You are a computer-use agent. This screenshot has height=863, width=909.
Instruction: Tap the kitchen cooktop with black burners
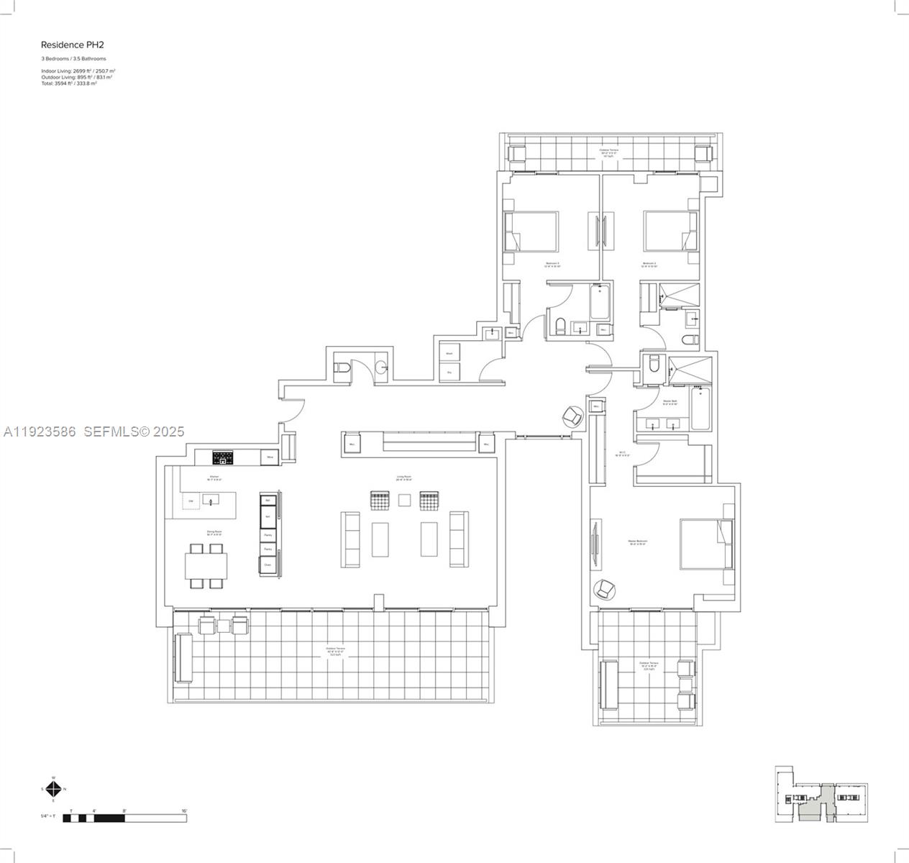pos(222,457)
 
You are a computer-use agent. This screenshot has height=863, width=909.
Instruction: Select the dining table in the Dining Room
pos(206,565)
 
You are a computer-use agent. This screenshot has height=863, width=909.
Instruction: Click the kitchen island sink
pos(210,500)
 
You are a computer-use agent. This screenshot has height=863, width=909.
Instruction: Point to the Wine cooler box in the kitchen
pos(270,457)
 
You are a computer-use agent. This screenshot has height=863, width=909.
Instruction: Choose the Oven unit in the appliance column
pos(268,565)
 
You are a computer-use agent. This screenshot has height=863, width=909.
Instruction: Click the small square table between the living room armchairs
pos(405,500)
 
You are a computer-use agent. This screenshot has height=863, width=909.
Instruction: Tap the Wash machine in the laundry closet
pos(449,353)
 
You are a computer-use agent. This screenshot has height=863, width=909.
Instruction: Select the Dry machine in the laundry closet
pos(449,372)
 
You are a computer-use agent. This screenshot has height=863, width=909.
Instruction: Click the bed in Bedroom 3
pos(532,231)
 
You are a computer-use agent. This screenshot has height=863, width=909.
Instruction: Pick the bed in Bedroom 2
pos(670,231)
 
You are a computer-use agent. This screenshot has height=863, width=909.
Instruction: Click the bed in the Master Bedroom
pos(706,544)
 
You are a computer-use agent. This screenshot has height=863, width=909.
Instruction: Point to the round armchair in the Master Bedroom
pos(604,589)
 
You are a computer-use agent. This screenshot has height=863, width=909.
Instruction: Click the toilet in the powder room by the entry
pos(343,369)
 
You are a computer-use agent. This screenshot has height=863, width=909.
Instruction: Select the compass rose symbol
pos(53,789)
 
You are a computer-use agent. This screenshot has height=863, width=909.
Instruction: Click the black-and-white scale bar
pos(124,818)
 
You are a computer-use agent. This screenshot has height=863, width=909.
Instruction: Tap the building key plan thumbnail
pos(821,794)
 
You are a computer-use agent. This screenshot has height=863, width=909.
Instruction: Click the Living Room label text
pos(403,476)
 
